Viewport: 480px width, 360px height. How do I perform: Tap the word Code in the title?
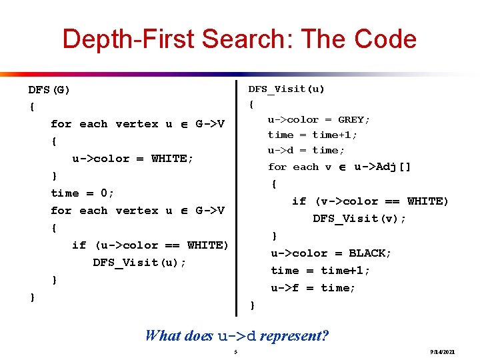(385, 39)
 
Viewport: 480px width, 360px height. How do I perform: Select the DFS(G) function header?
(49, 89)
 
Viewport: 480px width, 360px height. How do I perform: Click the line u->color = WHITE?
(133, 159)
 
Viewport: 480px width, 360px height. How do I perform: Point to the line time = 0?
(83, 193)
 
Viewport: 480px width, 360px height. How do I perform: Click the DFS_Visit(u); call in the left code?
(139, 263)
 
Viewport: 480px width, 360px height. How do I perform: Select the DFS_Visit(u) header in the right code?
(287, 89)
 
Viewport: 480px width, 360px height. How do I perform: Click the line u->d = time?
(306, 150)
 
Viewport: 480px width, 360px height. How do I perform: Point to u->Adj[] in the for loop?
(383, 167)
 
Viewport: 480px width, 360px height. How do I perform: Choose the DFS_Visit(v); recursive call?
(359, 219)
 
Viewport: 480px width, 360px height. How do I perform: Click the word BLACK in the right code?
(370, 253)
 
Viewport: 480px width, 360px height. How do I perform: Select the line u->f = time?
(313, 288)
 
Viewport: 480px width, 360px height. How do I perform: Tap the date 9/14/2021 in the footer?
(442, 351)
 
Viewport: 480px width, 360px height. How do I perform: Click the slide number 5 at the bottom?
(235, 351)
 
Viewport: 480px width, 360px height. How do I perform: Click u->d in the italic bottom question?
(237, 336)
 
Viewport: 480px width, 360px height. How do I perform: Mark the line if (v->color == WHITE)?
(370, 201)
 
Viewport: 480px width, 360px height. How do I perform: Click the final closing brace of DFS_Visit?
(251, 305)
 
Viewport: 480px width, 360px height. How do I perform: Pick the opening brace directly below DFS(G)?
(32, 107)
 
